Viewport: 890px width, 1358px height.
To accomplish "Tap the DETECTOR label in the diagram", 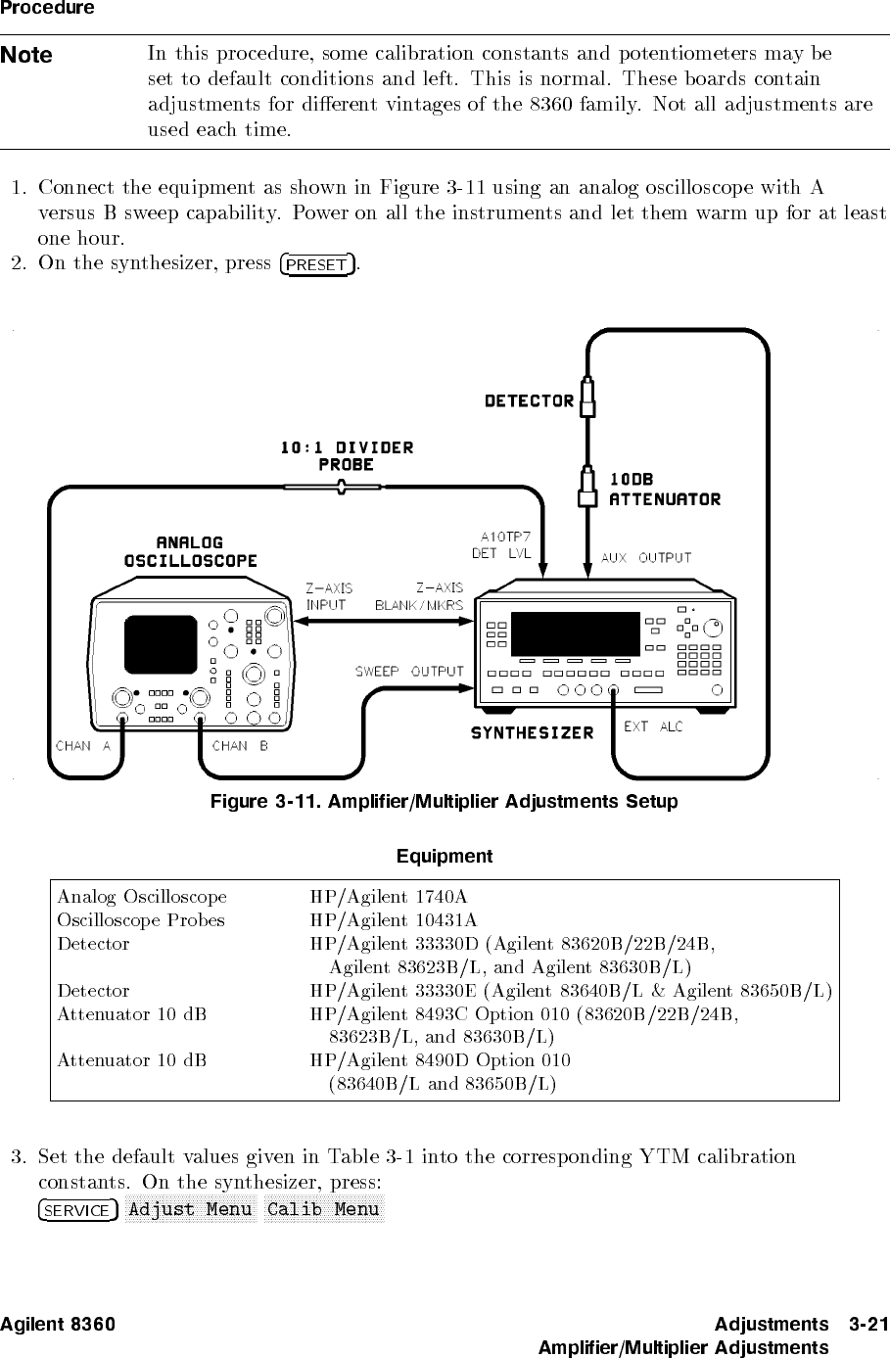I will point(530,400).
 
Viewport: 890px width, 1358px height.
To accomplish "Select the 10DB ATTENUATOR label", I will point(664,490).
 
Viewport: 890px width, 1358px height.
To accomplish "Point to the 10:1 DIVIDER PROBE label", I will point(347,456).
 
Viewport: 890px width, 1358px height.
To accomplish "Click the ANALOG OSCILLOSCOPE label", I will point(191,552).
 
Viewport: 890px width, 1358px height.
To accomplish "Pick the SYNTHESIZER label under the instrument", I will point(533,733).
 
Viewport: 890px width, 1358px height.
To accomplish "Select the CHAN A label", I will point(83,746).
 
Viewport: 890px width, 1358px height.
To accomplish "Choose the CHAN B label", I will point(240,746).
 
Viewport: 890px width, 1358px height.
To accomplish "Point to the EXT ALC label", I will point(653,727).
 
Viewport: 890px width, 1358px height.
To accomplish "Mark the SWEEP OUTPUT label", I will point(408,672).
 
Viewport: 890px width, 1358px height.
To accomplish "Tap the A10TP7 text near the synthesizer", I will point(505,536).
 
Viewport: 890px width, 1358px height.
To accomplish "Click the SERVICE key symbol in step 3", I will point(78,1210).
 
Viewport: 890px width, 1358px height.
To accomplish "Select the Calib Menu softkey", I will point(323,1209).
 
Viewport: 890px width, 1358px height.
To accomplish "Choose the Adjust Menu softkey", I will point(190,1209).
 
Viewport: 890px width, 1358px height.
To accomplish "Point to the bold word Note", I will point(26,56).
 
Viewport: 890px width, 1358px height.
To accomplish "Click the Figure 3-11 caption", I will point(445,803).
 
